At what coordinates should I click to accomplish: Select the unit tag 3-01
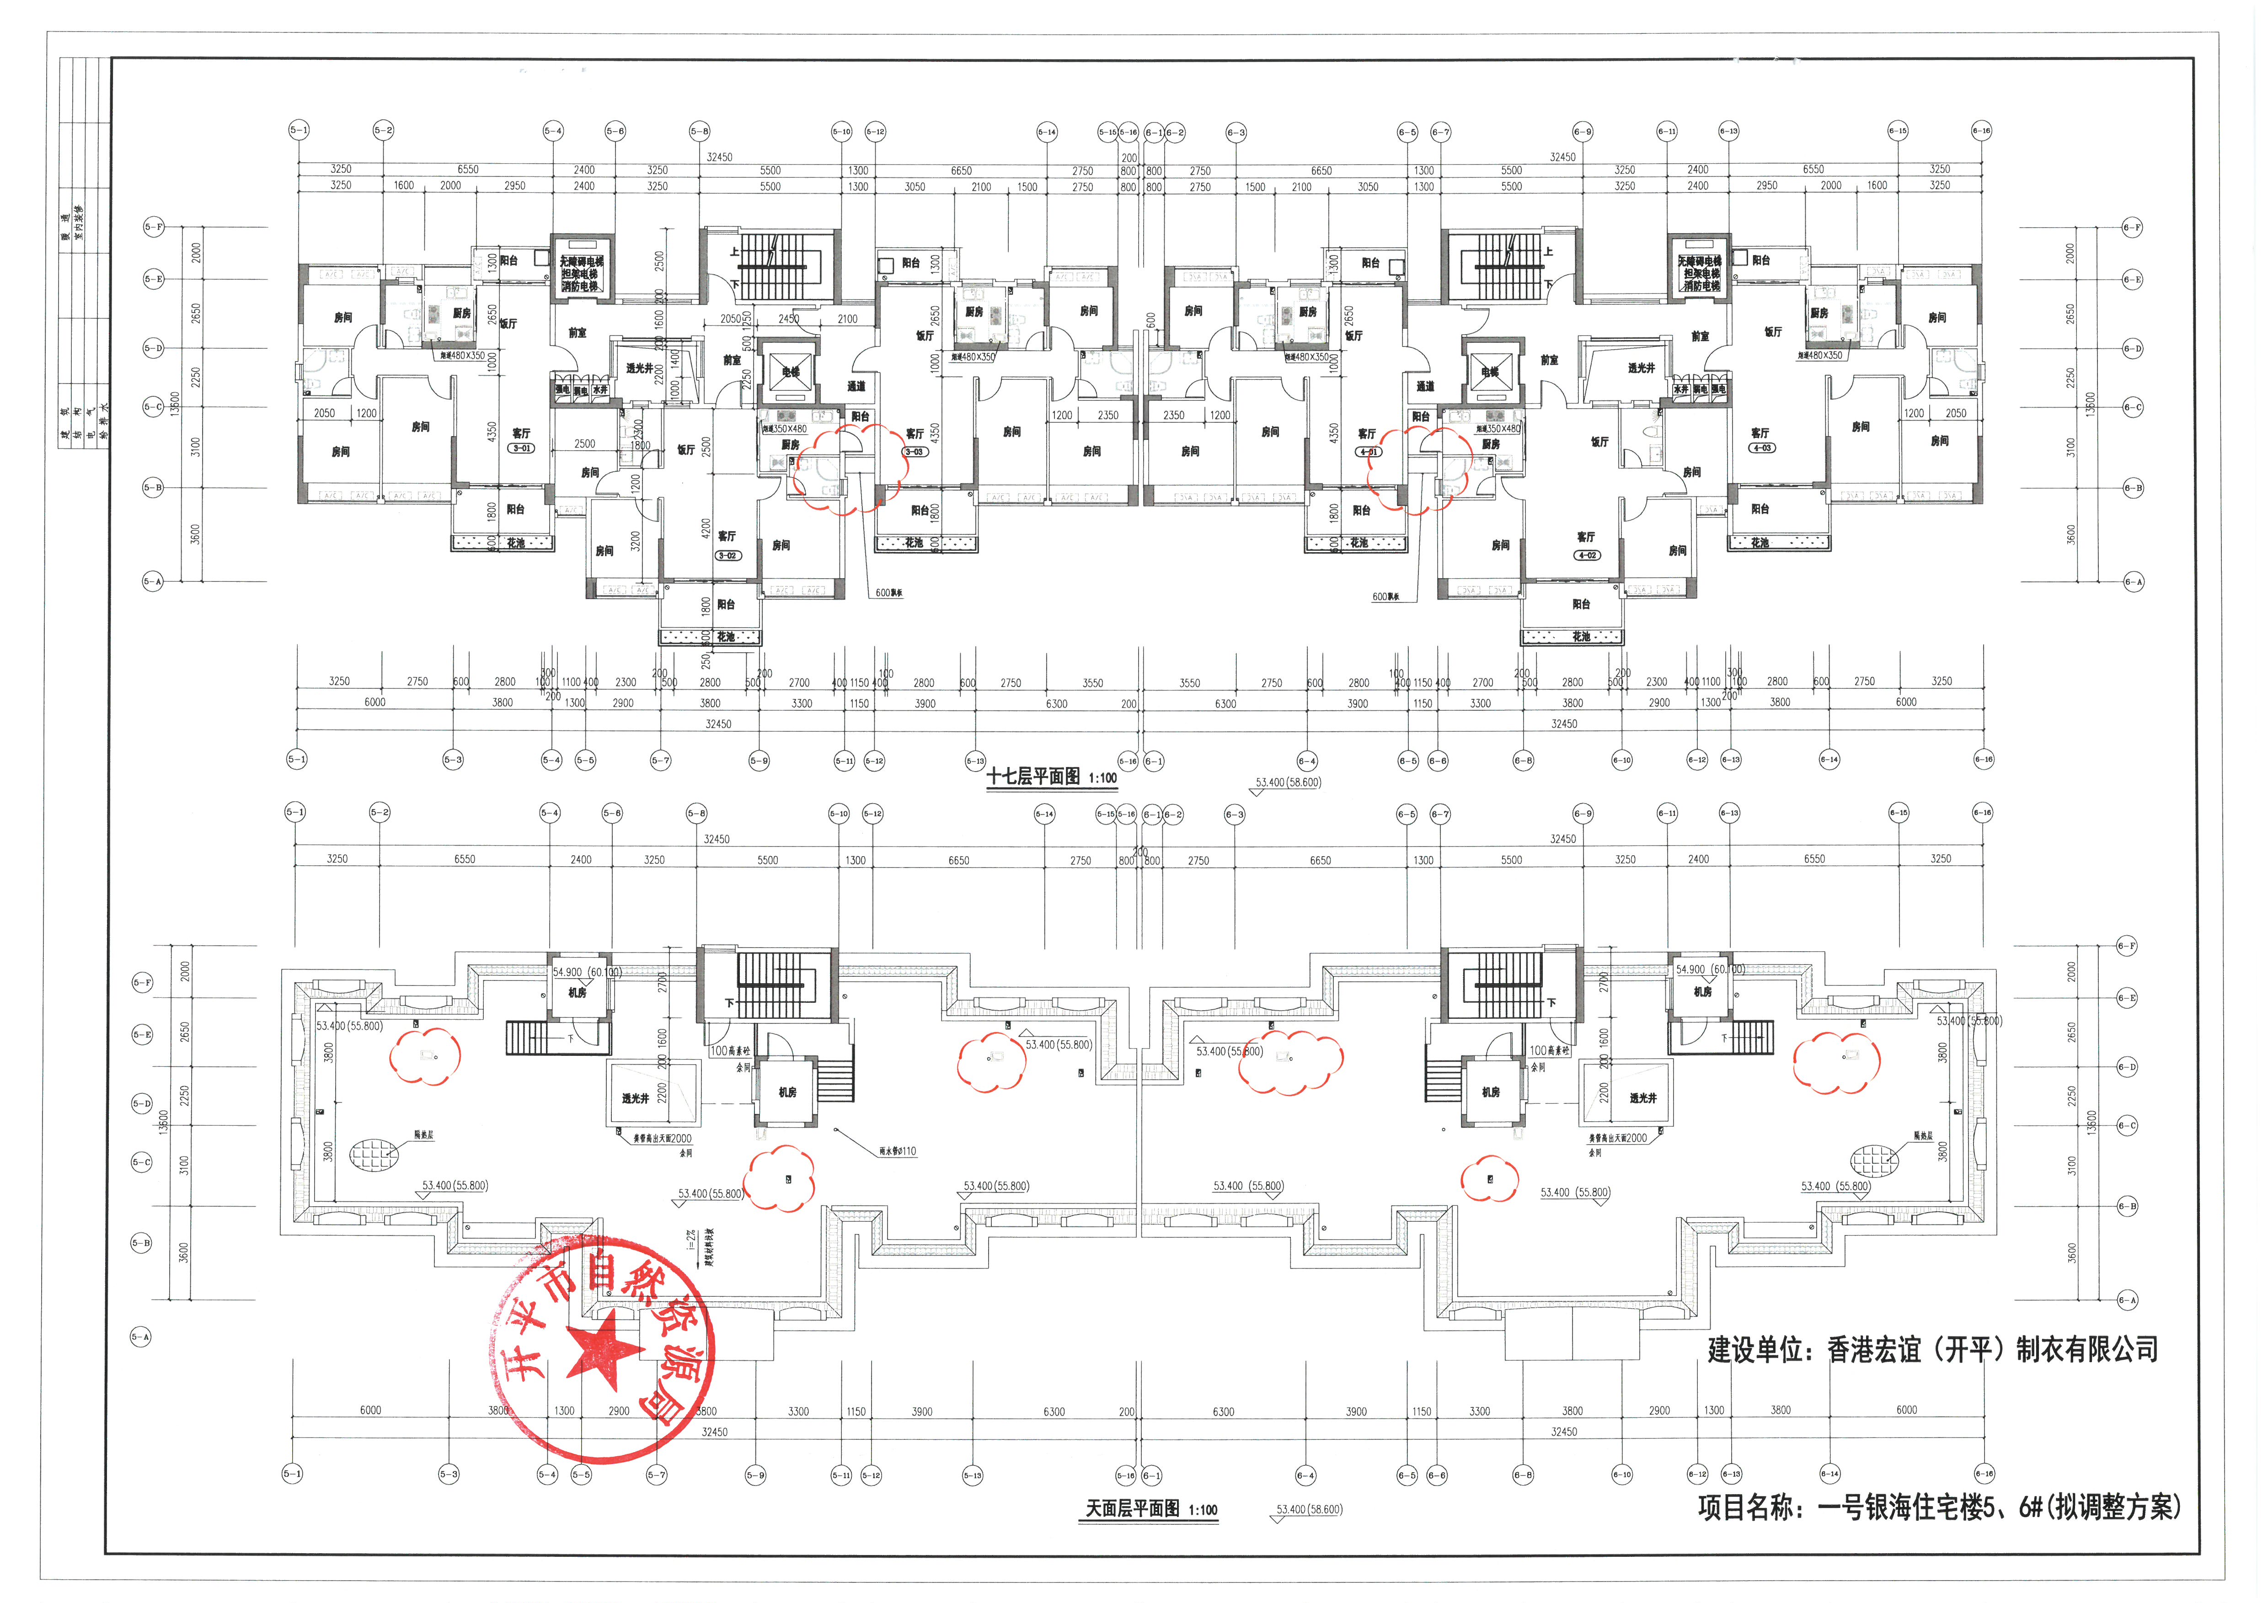tap(520, 448)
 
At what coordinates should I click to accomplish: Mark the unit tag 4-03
tap(1760, 447)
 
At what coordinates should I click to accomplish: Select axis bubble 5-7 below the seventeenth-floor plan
tap(660, 761)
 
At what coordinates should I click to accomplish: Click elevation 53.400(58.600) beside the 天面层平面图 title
tap(1309, 1509)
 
